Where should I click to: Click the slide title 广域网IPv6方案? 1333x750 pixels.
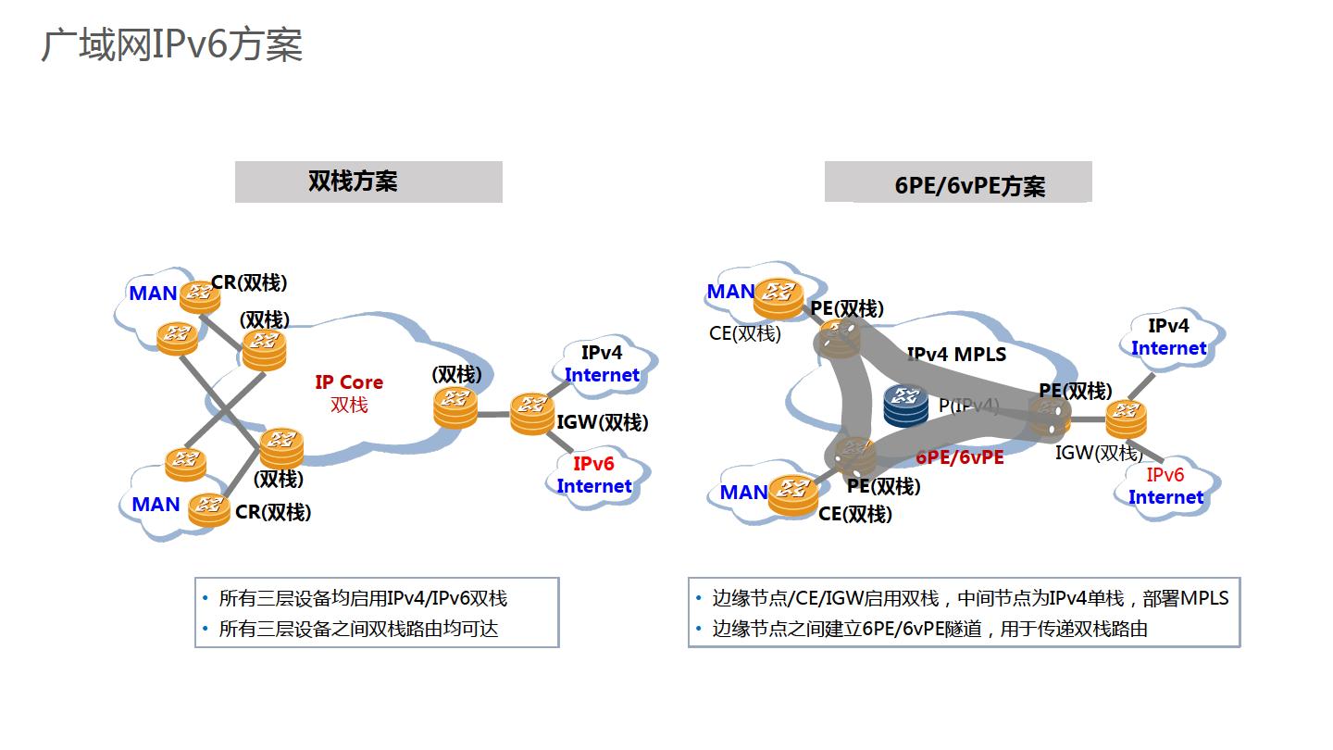(x=171, y=44)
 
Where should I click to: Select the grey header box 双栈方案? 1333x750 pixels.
(x=368, y=181)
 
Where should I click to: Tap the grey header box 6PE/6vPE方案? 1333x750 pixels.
(x=958, y=182)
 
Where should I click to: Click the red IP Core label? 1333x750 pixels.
(x=349, y=382)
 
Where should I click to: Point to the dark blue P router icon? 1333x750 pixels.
(x=905, y=406)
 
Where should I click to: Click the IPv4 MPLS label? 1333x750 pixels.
(x=956, y=354)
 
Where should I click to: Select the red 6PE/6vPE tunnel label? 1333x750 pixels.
(x=960, y=457)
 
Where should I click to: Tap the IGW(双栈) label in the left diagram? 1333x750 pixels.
(x=603, y=423)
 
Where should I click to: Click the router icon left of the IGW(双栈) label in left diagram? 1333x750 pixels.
(x=531, y=413)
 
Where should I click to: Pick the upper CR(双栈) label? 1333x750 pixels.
(x=249, y=282)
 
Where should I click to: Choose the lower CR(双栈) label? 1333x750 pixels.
(x=273, y=512)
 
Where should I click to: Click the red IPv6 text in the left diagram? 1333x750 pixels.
(x=593, y=464)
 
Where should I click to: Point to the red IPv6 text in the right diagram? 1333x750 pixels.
(x=1165, y=475)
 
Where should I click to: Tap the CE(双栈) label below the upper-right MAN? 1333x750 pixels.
(x=745, y=333)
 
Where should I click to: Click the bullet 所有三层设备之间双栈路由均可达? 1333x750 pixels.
(x=358, y=629)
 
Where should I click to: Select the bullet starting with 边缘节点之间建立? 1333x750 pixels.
(x=929, y=629)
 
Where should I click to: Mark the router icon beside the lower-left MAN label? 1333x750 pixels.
(x=209, y=508)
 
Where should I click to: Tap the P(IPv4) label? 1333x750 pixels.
(x=969, y=406)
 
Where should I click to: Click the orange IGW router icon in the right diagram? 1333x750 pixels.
(x=1126, y=419)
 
